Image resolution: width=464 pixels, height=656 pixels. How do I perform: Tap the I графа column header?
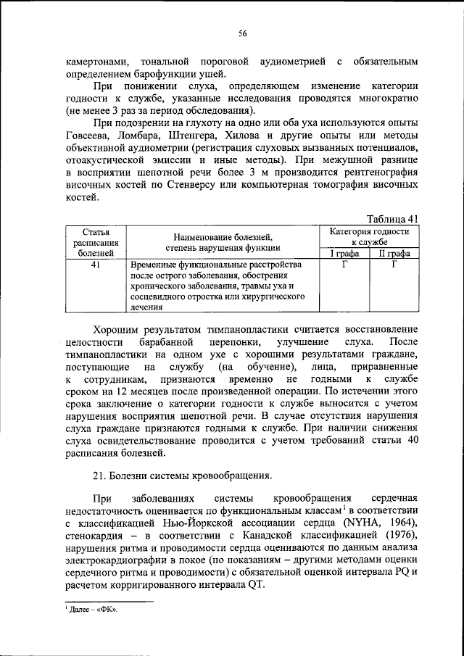point(344,253)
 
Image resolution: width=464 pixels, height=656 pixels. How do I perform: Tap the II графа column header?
point(394,253)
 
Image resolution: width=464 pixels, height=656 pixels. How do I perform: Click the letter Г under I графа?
point(344,265)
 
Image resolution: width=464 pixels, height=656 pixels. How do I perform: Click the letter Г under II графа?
point(394,265)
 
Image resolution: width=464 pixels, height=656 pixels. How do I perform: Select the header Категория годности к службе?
point(369,236)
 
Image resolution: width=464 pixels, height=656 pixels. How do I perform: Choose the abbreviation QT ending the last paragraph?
point(256,585)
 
